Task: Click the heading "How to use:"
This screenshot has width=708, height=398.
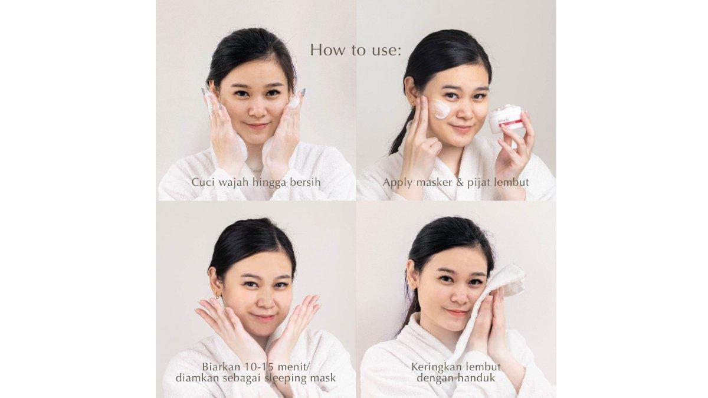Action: [x=356, y=50]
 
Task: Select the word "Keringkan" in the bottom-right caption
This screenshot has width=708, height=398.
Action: [x=436, y=367]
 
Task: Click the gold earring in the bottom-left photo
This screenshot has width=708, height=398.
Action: [x=218, y=295]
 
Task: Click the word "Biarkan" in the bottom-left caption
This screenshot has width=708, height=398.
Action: [x=222, y=367]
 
